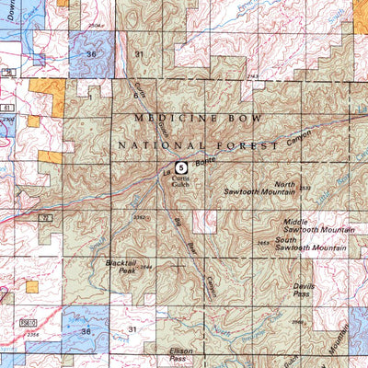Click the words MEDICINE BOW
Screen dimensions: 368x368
point(199,120)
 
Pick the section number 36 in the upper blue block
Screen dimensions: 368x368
point(90,55)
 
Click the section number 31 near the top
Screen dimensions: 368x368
point(138,55)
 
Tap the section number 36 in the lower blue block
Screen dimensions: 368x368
point(86,330)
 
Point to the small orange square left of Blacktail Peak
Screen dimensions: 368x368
point(32,287)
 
